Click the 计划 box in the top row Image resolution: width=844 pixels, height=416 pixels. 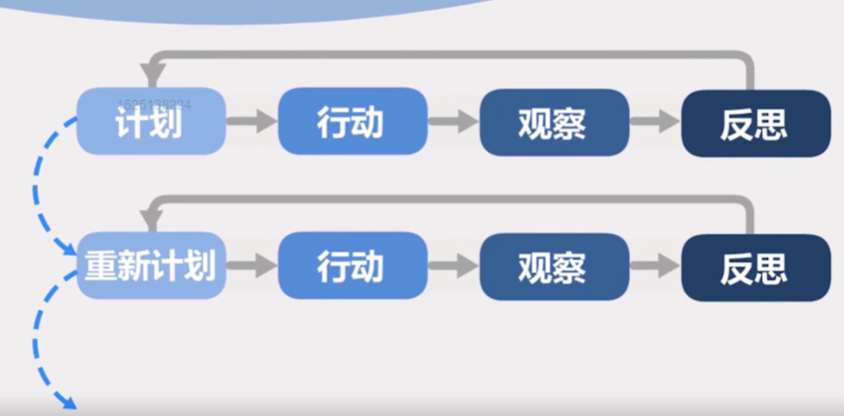151,123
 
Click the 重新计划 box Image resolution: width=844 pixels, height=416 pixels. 151,265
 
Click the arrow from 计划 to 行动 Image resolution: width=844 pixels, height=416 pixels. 252,123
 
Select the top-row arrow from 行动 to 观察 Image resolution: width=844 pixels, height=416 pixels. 454,123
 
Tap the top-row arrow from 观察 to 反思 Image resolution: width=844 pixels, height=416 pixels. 655,123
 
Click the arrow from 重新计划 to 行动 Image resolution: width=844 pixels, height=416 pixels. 252,265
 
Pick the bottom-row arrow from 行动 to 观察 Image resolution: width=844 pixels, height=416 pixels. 454,265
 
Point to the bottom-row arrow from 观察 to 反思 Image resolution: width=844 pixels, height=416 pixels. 655,265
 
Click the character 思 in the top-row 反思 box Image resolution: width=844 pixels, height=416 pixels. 772,124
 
